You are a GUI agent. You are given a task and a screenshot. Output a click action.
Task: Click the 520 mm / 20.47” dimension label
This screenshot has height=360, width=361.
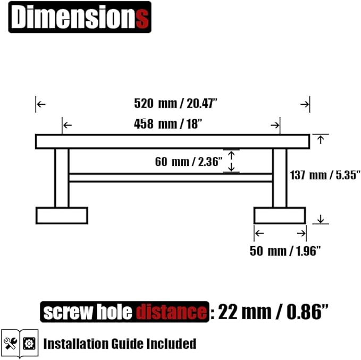point(175,103)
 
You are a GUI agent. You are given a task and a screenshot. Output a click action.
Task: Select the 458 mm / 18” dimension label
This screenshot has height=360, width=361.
point(168,124)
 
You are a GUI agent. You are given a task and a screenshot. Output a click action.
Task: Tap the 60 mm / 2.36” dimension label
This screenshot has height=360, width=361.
point(189,162)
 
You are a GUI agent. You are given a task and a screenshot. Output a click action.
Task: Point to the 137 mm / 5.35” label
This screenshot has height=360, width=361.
point(325,175)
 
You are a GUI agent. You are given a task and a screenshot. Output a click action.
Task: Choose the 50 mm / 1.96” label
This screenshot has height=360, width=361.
point(285,251)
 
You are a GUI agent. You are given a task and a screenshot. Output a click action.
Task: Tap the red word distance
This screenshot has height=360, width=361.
point(171,312)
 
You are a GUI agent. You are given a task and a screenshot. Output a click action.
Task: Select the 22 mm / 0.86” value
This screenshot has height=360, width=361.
point(273,312)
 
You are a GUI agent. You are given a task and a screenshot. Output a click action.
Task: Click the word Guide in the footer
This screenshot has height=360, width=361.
point(128,344)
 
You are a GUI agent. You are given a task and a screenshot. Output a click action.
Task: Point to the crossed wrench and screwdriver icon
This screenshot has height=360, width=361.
point(10,343)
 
